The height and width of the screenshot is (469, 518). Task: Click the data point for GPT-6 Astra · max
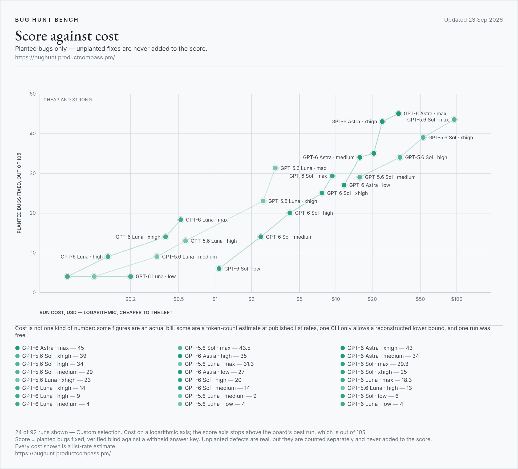point(399,113)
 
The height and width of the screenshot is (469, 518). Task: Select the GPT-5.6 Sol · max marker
point(454,120)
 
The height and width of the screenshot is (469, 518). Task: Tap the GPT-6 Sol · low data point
point(219,269)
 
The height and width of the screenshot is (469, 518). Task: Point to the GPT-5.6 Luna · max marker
point(275,168)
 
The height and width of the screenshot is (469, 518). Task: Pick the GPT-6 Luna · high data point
point(108,257)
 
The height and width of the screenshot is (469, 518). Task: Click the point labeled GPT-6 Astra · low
point(344,185)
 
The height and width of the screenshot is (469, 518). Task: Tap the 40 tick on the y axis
point(33,134)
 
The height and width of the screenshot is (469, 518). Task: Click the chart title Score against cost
point(67,36)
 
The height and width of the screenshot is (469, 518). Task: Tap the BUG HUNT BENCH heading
point(47,20)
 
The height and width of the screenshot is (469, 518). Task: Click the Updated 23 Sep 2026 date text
point(473,20)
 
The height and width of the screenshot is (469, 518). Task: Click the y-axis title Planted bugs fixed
point(19,193)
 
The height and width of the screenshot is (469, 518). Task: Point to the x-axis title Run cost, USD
point(106,312)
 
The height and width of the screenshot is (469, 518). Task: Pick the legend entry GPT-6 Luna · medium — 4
point(53,404)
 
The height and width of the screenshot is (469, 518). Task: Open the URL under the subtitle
point(65,57)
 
